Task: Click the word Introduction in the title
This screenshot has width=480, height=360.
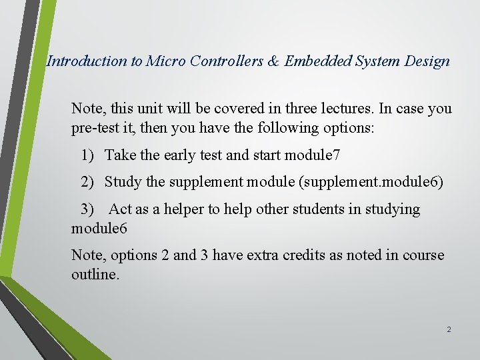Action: tap(87, 61)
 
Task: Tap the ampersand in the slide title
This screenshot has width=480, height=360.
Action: tap(273, 61)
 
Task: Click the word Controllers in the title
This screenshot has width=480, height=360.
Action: tap(228, 61)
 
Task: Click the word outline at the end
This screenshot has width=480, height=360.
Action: tap(94, 274)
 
